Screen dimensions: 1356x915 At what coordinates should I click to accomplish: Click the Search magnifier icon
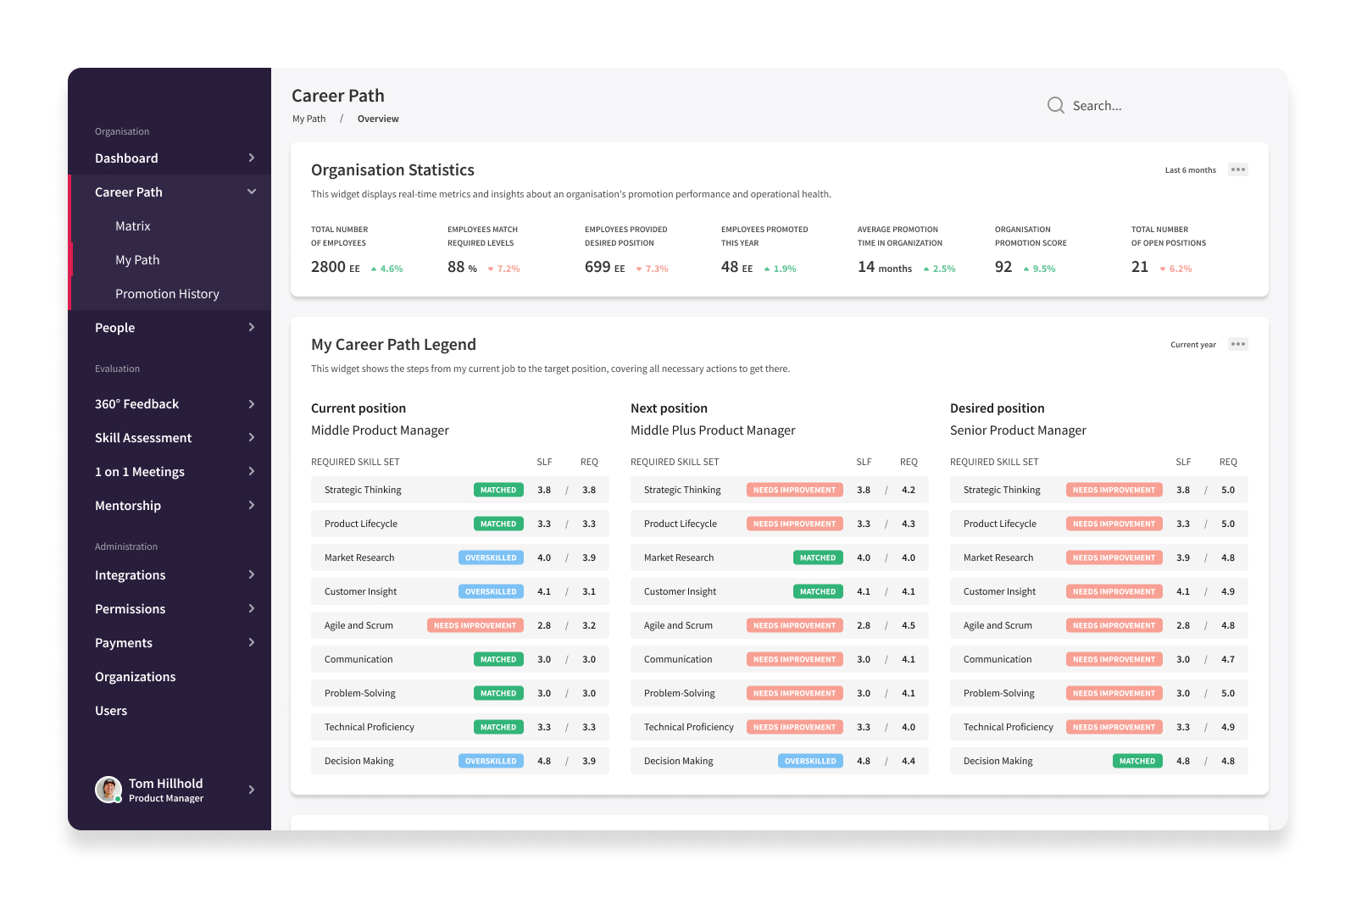(1055, 105)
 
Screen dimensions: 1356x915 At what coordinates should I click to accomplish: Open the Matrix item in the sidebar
(132, 225)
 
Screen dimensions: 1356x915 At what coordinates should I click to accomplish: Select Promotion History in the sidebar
(167, 293)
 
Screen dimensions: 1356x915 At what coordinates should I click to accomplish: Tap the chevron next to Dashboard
(251, 158)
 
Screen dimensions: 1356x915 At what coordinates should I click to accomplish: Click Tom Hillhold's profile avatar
(108, 789)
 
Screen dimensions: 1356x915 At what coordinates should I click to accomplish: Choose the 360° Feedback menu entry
(136, 403)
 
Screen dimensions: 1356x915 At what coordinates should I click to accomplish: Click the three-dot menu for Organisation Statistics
(1238, 169)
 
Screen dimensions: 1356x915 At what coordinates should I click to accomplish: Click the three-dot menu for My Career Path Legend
(1238, 344)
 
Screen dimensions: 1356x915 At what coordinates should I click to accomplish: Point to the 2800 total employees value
(328, 267)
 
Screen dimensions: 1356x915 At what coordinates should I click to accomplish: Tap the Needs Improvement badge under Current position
(475, 625)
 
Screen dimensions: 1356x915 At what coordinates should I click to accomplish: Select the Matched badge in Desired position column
(1136, 761)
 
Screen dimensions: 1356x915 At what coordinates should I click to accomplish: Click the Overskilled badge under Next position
(810, 761)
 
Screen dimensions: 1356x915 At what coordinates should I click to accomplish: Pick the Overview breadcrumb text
(378, 119)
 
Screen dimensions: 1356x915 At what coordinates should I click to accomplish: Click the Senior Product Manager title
(1018, 430)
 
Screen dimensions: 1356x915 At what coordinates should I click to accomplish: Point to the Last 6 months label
(1190, 170)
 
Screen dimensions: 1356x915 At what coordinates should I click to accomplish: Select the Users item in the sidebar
(111, 711)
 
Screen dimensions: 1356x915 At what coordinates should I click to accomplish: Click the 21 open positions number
(1139, 267)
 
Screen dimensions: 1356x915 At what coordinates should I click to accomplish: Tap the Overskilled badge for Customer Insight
(491, 591)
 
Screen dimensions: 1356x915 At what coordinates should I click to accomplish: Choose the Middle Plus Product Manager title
(713, 430)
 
